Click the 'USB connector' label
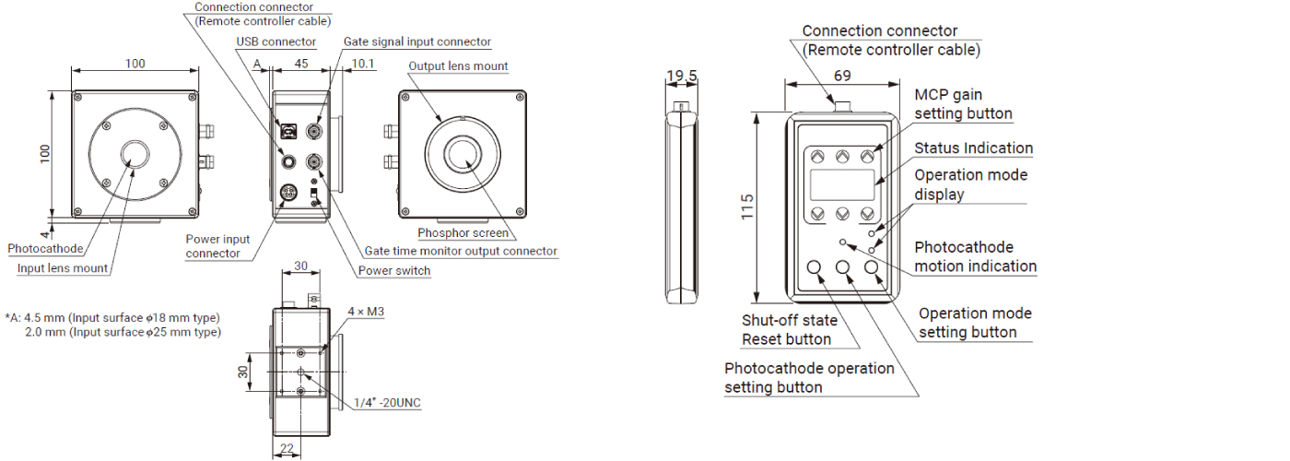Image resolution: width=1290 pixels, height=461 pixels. [x=276, y=41]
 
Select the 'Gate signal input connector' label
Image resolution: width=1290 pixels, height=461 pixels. [x=417, y=41]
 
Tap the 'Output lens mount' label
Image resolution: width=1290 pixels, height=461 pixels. [x=458, y=65]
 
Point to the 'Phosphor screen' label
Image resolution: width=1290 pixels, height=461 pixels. [x=463, y=233]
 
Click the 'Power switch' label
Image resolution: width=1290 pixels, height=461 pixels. [x=393, y=270]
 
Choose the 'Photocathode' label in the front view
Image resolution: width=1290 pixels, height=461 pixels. [x=45, y=249]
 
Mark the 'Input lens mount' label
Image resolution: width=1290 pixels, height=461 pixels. [x=63, y=268]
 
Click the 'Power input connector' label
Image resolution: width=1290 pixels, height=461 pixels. [x=217, y=246]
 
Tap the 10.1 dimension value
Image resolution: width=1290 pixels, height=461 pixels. [x=363, y=64]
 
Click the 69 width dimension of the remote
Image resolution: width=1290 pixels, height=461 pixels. [x=842, y=75]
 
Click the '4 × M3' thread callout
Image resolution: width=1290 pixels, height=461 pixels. [x=366, y=312]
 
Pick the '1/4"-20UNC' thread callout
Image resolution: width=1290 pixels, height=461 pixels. [x=388, y=402]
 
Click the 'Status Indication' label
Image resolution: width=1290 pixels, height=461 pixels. [x=973, y=148]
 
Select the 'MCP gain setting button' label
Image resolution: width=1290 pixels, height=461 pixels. [x=963, y=104]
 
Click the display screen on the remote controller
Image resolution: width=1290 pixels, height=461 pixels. [x=842, y=185]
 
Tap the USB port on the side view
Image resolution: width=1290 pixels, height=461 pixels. [x=288, y=132]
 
